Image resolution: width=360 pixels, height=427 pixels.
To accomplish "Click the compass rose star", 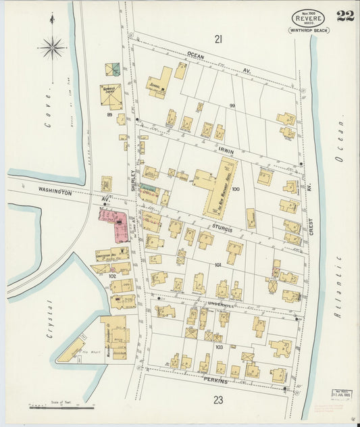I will point(51,47).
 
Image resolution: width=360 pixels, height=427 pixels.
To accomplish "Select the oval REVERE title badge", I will point(308,18).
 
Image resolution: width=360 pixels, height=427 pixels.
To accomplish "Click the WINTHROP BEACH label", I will point(309,30).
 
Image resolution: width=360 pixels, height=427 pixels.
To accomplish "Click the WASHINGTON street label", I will point(55,193).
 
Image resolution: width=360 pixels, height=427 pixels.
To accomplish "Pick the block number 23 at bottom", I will point(218,400).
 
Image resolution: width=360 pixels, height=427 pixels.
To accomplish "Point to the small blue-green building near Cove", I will point(116,68).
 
